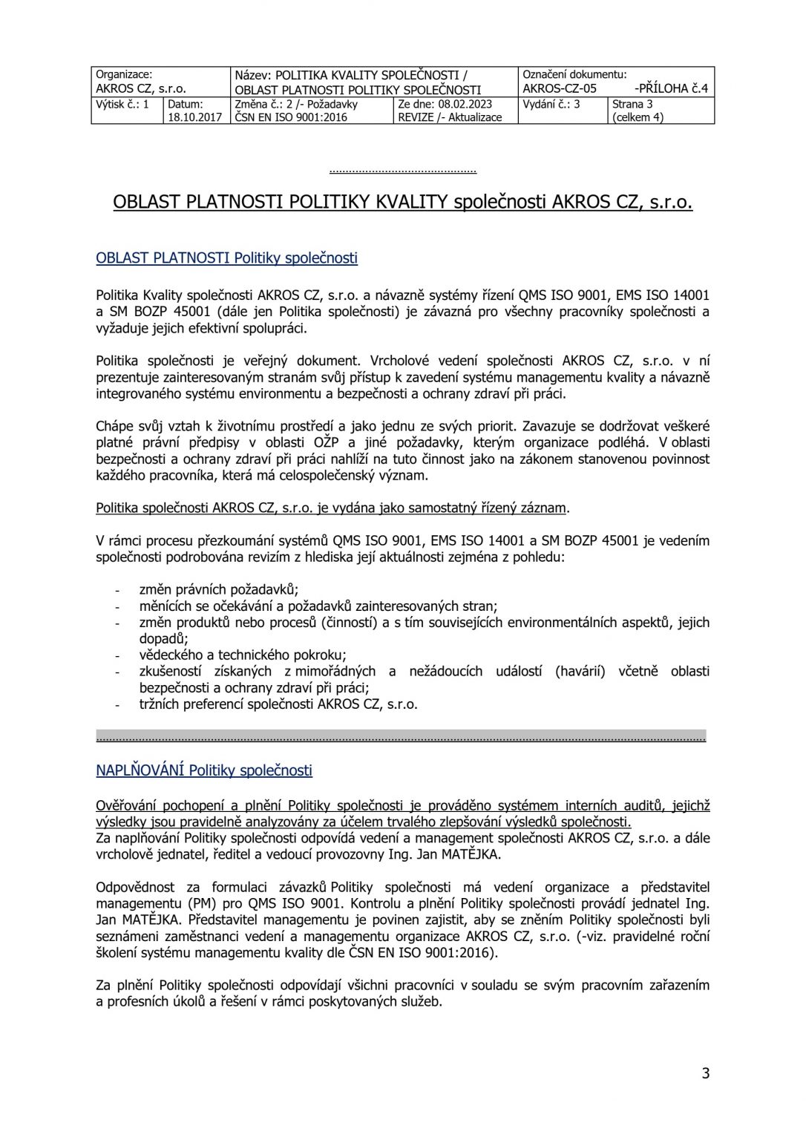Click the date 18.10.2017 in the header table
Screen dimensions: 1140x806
coord(194,117)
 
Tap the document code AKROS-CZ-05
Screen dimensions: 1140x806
coord(560,88)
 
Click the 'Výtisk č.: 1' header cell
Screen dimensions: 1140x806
coord(122,105)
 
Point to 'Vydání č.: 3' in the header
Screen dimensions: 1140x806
coord(551,105)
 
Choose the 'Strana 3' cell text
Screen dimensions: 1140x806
coord(632,105)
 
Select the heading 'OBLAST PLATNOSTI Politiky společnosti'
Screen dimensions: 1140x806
coord(226,258)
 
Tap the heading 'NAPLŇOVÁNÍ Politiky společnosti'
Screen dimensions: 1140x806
coord(204,770)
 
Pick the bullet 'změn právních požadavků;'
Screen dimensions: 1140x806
coord(219,590)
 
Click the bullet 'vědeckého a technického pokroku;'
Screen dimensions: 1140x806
coord(243,655)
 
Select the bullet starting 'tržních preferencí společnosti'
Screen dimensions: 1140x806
coord(278,704)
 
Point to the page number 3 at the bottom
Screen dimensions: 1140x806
coord(705,1073)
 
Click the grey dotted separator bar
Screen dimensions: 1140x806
coord(401,736)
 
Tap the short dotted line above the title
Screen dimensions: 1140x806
coord(402,171)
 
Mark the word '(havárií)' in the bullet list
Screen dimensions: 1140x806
coord(580,672)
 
